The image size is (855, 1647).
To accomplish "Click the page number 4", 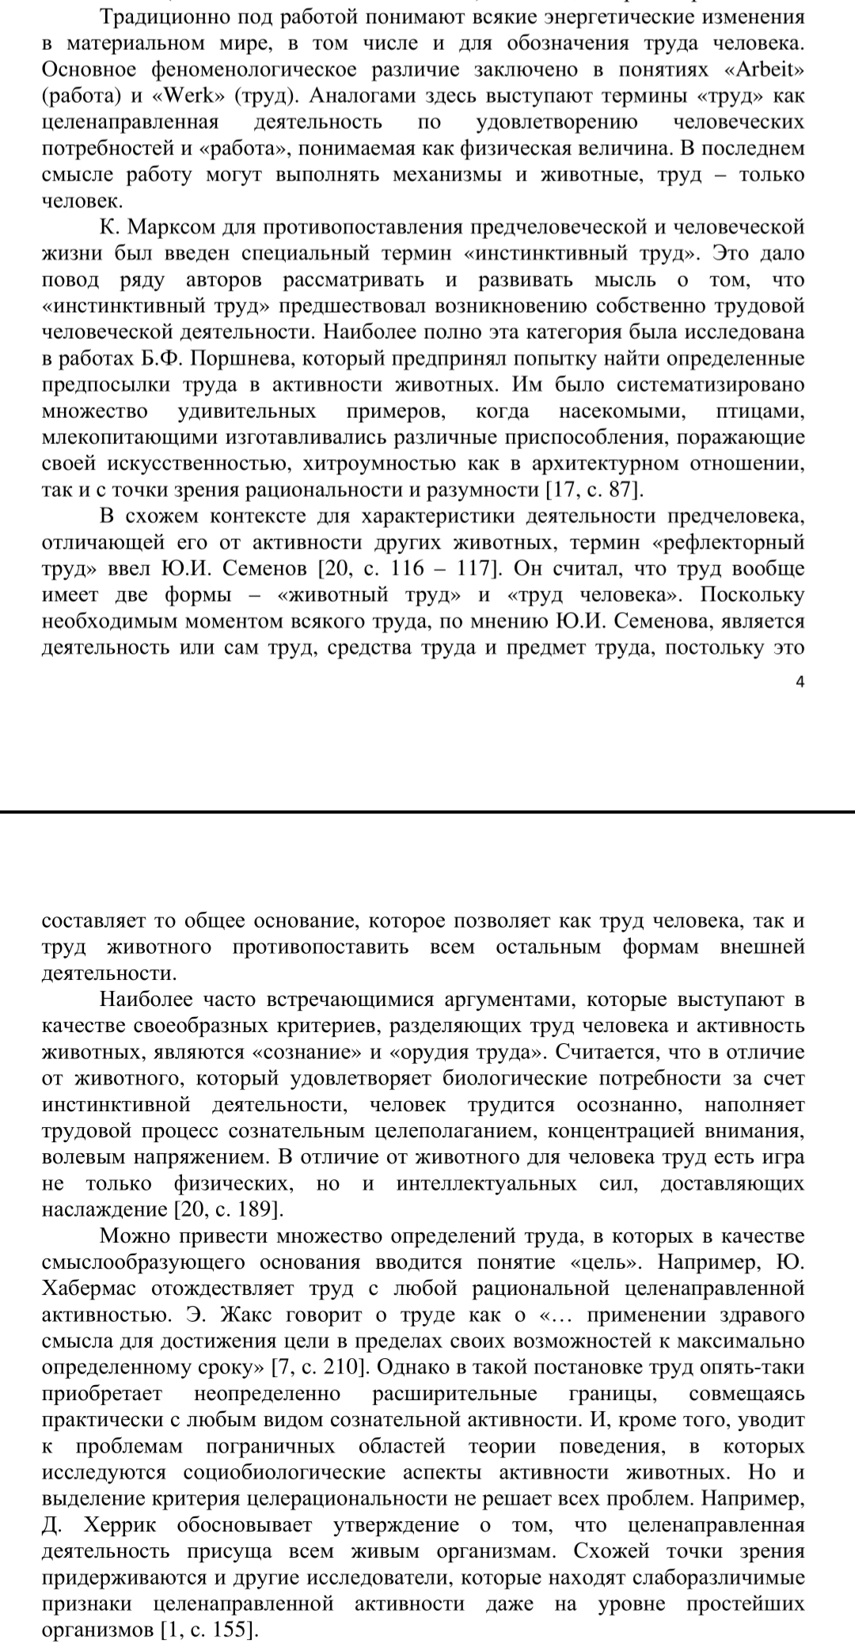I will click(800, 681).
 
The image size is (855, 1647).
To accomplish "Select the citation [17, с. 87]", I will click(595, 490).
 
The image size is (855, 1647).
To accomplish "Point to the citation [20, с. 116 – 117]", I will click(405, 569).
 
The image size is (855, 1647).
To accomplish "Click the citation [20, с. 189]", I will click(227, 1210).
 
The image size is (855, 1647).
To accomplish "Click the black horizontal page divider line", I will click(427, 813).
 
